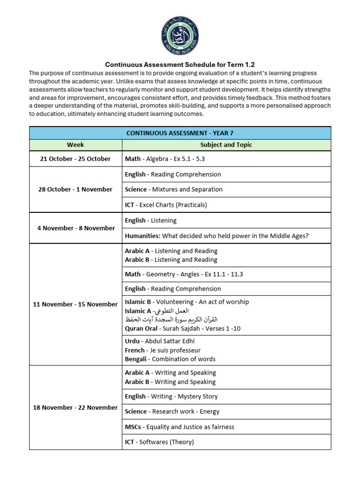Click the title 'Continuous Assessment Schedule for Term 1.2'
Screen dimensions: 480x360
point(180,64)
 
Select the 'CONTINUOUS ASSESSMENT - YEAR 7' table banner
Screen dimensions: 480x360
point(180,133)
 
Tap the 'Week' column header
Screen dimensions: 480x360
point(75,145)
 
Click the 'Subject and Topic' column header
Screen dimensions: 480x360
point(226,145)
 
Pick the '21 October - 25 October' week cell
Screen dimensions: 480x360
point(75,159)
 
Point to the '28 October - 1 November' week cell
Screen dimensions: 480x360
point(75,189)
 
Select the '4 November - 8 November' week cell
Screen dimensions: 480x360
point(75,228)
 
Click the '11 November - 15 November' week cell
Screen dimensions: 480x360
point(75,304)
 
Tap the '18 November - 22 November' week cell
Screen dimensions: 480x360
point(75,407)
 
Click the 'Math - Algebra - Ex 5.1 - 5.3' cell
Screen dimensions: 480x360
point(165,159)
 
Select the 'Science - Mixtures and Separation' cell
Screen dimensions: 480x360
point(173,189)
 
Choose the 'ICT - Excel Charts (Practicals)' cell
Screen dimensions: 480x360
point(166,205)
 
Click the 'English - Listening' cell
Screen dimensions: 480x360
point(150,220)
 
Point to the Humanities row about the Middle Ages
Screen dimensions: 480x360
point(217,236)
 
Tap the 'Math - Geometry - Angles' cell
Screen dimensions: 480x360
point(184,274)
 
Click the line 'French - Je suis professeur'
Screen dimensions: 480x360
point(163,350)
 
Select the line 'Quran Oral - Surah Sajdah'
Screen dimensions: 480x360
point(182,329)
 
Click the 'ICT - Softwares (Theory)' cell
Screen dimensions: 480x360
point(159,442)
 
